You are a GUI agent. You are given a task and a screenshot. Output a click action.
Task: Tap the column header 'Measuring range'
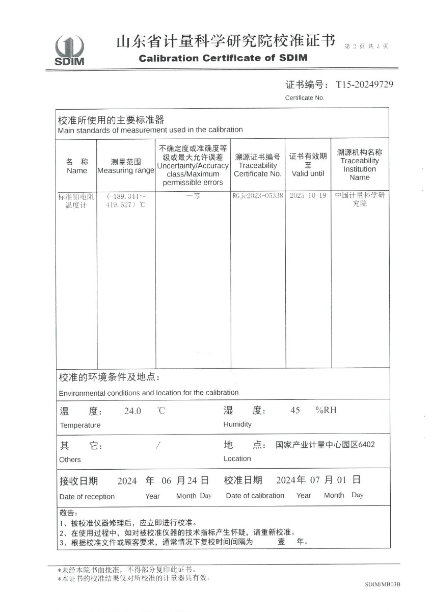click(x=125, y=170)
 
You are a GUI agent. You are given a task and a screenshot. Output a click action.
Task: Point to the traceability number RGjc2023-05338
click(x=257, y=196)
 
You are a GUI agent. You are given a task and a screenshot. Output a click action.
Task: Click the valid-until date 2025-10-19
click(x=307, y=196)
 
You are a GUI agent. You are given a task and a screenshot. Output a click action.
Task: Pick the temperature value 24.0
click(x=132, y=411)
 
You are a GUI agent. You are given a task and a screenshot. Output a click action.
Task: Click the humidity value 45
click(x=295, y=411)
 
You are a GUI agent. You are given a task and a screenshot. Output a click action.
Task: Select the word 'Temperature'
click(x=80, y=425)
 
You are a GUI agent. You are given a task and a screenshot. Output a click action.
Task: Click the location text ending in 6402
click(x=325, y=445)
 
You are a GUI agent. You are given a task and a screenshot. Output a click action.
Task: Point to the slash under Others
click(x=158, y=445)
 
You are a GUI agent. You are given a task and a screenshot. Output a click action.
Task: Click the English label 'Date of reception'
click(x=87, y=496)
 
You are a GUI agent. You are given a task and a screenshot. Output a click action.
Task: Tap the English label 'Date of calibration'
click(x=255, y=496)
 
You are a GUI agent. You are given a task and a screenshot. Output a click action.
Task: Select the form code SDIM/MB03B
click(x=383, y=584)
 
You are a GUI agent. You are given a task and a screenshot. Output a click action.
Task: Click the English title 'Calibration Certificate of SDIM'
click(x=223, y=58)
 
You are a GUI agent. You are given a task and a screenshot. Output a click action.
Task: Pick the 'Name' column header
click(x=77, y=171)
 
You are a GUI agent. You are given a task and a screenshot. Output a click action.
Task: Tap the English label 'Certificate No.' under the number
click(x=305, y=98)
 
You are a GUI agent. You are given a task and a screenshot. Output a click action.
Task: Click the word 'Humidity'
click(x=237, y=424)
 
